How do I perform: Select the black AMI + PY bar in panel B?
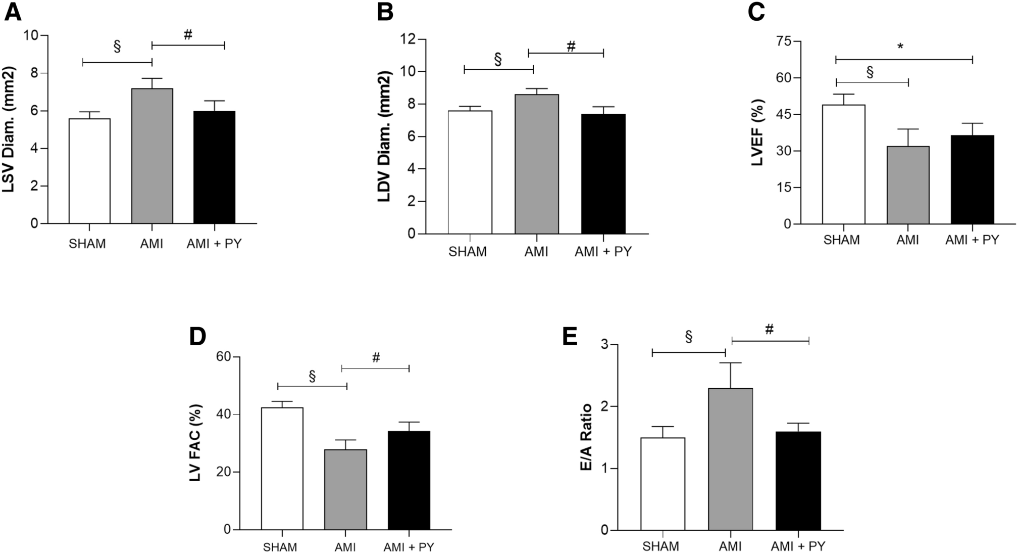point(603,174)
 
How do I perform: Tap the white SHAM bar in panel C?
point(843,164)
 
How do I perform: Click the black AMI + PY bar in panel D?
point(409,480)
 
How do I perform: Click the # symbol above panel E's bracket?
point(769,330)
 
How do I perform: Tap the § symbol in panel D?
point(312,376)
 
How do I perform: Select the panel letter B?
point(385,12)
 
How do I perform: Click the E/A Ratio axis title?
point(586,438)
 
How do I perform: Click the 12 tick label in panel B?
point(407,39)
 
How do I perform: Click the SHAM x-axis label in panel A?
point(87,244)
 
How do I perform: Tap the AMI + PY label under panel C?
point(972,240)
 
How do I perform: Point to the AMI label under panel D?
point(345,547)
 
